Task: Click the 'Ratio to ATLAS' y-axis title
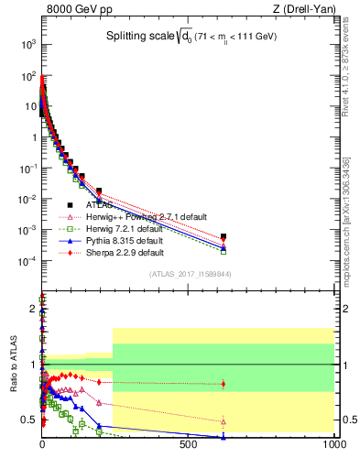click(13, 365)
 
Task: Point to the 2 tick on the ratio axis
click(33, 308)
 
